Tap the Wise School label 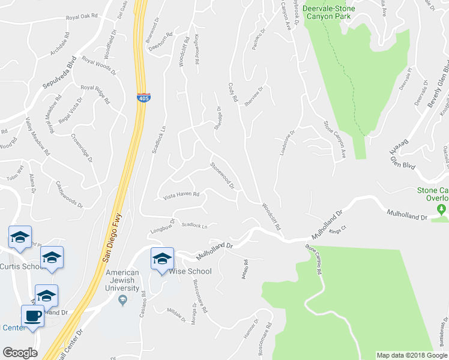click(191, 271)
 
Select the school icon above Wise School click(161, 259)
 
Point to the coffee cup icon click(32, 316)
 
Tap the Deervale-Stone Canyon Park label click(329, 13)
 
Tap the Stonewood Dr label click(221, 174)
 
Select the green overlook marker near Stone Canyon click(442, 209)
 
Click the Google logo click(20, 353)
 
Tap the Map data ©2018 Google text click(412, 355)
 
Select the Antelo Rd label click(246, 264)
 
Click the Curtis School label click(21, 266)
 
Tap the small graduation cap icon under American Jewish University click(123, 299)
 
